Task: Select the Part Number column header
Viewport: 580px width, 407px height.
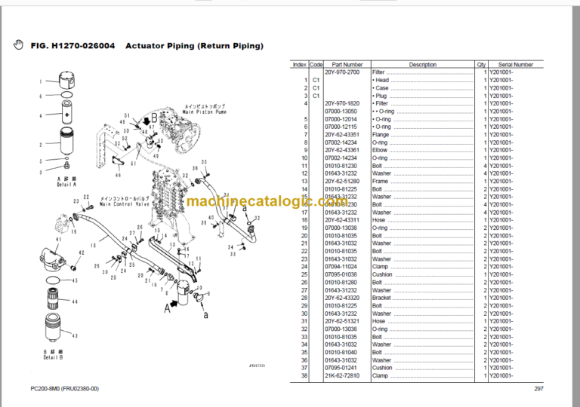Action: pyautogui.click(x=347, y=65)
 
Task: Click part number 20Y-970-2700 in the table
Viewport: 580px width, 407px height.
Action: pyautogui.click(x=342, y=72)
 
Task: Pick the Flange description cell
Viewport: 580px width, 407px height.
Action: pyautogui.click(x=381, y=135)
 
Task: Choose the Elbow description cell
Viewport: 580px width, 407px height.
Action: pyautogui.click(x=380, y=150)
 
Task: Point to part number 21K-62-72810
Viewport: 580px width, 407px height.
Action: pyautogui.click(x=341, y=375)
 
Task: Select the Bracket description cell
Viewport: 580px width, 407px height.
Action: pyautogui.click(x=382, y=298)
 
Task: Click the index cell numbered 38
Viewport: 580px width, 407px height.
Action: pyautogui.click(x=304, y=375)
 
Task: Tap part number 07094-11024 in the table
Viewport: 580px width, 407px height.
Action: pyautogui.click(x=341, y=267)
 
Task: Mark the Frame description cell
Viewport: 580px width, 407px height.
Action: pyautogui.click(x=381, y=181)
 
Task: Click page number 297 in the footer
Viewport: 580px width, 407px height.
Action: pyautogui.click(x=538, y=389)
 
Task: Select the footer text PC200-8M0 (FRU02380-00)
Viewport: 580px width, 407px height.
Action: pyautogui.click(x=64, y=389)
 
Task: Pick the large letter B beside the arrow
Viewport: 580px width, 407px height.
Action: pyautogui.click(x=153, y=118)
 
